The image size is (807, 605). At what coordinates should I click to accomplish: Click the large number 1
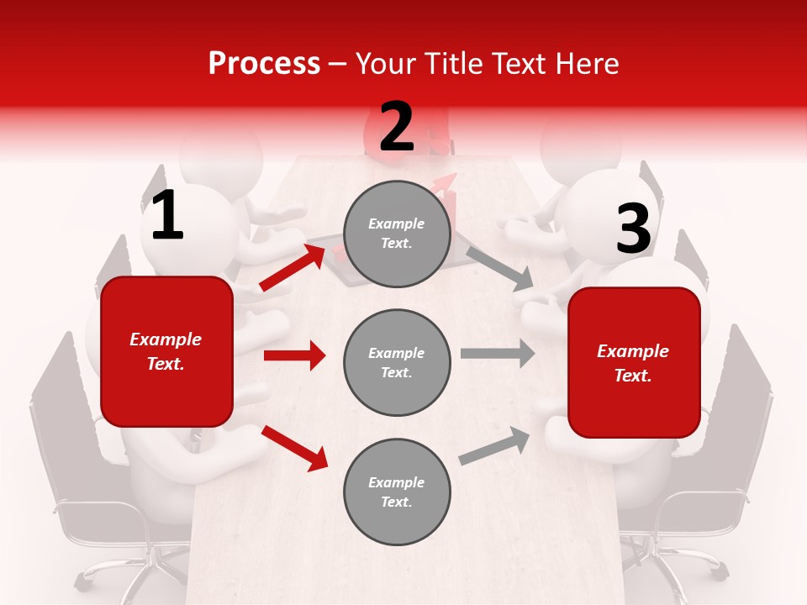click(167, 216)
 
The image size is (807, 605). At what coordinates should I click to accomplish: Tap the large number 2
click(397, 127)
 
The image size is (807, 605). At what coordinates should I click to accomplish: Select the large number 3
click(633, 229)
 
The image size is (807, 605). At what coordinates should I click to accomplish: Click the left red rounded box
click(166, 351)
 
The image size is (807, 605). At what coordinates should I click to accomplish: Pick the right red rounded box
click(634, 363)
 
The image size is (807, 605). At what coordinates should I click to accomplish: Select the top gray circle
click(397, 233)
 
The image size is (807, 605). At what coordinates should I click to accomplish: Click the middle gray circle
click(397, 362)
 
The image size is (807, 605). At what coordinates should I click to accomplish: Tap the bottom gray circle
click(397, 492)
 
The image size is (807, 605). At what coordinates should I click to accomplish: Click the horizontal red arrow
click(294, 355)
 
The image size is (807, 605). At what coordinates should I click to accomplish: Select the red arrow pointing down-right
click(294, 447)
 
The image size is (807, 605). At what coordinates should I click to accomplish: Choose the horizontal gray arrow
click(498, 353)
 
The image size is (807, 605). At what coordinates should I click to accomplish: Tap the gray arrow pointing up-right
click(494, 445)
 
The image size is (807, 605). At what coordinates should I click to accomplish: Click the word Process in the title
click(264, 63)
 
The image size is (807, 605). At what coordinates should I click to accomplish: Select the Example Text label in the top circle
click(397, 233)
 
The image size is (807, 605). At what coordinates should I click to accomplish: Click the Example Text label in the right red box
click(633, 363)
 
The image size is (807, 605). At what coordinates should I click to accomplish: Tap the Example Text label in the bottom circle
click(397, 492)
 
